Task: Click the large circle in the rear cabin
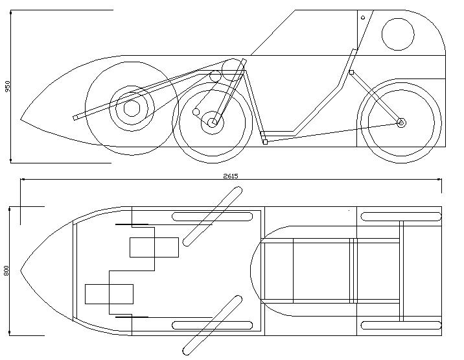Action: tap(397, 34)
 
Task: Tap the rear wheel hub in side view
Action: tap(401, 122)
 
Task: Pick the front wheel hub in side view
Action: tap(132, 108)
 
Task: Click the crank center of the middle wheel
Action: tap(213, 122)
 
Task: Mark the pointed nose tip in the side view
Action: tap(21, 120)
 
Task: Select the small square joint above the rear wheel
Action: tap(351, 72)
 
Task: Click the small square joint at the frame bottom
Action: tap(264, 141)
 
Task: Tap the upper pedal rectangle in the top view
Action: tap(154, 247)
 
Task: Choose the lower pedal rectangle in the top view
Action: tap(109, 294)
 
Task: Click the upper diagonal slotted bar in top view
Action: tap(213, 216)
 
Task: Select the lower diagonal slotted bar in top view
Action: tap(213, 324)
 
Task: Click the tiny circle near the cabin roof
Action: tap(363, 18)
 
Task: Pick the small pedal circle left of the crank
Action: tap(196, 112)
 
